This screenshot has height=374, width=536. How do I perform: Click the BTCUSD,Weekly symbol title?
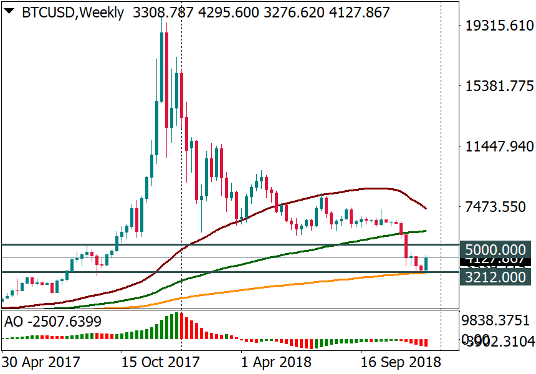[x=73, y=12]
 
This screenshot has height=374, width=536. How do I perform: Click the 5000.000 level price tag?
[x=496, y=249]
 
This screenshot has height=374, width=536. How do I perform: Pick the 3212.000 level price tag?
[x=496, y=277]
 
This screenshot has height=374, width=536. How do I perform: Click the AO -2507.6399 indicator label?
[x=53, y=322]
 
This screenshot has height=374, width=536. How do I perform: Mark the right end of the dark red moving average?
[x=426, y=208]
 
